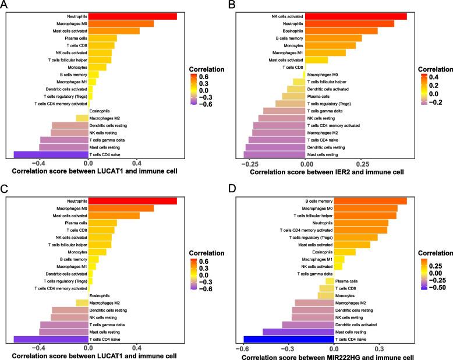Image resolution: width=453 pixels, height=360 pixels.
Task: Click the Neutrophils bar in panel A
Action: pyautogui.click(x=133, y=16)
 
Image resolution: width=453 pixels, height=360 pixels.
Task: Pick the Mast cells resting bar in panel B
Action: pyautogui.click(x=274, y=154)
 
